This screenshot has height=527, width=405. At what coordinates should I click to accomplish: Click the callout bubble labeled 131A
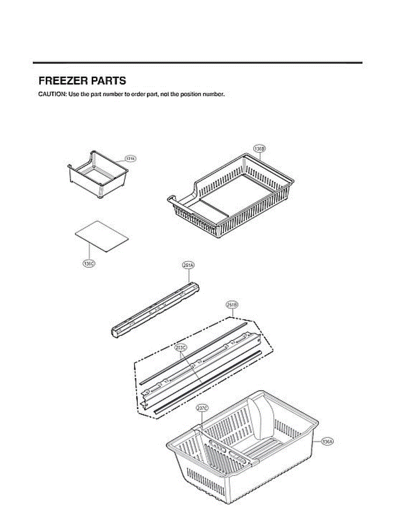pyautogui.click(x=130, y=158)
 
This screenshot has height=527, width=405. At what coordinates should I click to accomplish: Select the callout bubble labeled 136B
pyautogui.click(x=260, y=148)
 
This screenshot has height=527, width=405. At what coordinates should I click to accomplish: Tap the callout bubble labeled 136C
pyautogui.click(x=89, y=264)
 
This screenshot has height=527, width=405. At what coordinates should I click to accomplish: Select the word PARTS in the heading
pyautogui.click(x=108, y=81)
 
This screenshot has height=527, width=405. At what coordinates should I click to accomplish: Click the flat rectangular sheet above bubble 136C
pyautogui.click(x=102, y=236)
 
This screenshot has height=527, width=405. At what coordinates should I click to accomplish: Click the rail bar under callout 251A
pyautogui.click(x=156, y=309)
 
